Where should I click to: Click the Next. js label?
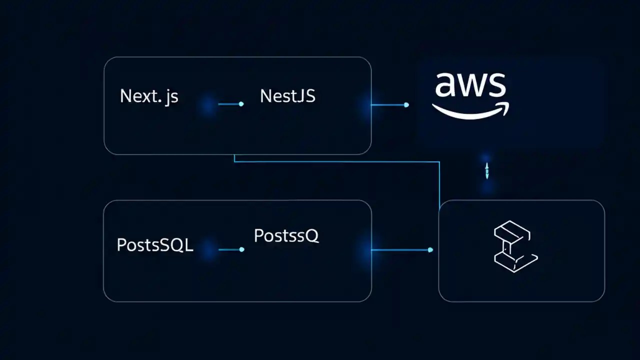pyautogui.click(x=149, y=96)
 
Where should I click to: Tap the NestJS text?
pyautogui.click(x=287, y=96)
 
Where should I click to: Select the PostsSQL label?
pyautogui.click(x=154, y=245)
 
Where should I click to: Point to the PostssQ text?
pyautogui.click(x=286, y=236)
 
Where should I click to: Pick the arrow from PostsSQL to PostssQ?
pyautogui.click(x=230, y=249)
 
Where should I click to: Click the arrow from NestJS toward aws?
pyautogui.click(x=389, y=104)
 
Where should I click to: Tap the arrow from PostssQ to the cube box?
pyautogui.click(x=400, y=249)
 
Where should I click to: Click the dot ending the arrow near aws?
pyautogui.click(x=406, y=104)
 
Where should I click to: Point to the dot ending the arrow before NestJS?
pyautogui.click(x=241, y=104)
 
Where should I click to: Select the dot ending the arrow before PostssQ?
pyautogui.click(x=241, y=249)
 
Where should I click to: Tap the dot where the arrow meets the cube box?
pyautogui.click(x=430, y=249)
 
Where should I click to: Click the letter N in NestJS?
pyautogui.click(x=265, y=96)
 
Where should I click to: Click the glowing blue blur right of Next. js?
pyautogui.click(x=208, y=105)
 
